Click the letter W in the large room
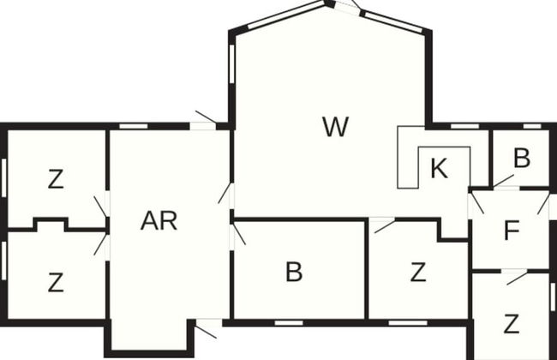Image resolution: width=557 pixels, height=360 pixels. (336, 127)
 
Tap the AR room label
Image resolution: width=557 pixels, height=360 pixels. (159, 220)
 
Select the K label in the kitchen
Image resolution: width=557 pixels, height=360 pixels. (439, 168)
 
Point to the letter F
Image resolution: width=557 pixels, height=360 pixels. (512, 231)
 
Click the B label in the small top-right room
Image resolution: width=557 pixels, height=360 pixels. (522, 158)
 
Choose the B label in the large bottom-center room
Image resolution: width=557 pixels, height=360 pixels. (294, 272)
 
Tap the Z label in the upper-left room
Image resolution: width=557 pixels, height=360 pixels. (56, 179)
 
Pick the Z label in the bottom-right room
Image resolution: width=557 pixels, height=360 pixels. (512, 324)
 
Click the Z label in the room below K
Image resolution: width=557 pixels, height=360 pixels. (418, 273)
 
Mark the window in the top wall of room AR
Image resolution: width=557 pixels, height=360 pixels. (133, 126)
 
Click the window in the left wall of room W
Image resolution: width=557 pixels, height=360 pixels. (232, 64)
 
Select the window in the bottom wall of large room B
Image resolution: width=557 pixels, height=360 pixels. (289, 323)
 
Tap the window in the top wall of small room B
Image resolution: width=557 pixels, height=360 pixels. (532, 126)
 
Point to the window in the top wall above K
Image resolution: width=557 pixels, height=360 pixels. (464, 126)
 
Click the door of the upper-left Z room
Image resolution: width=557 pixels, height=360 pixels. (102, 207)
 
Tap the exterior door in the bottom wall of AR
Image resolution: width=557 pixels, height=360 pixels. (206, 329)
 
